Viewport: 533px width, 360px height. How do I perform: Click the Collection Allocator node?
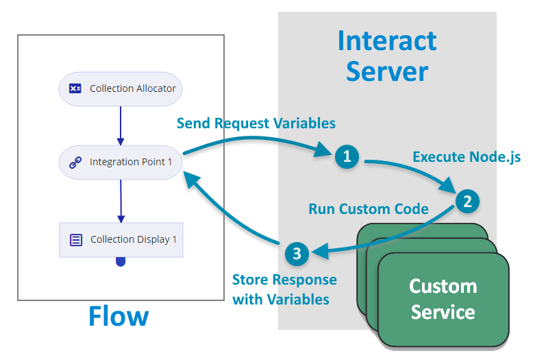pos(121,88)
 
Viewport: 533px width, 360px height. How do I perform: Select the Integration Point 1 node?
pos(121,163)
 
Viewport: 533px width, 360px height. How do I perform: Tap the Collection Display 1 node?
pos(121,239)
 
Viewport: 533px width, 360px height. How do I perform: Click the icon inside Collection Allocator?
pos(75,88)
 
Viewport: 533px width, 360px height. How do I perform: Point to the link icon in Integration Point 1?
pos(75,163)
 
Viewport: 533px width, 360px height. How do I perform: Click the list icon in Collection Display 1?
pos(76,240)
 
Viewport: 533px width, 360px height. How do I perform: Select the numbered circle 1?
pos(347,157)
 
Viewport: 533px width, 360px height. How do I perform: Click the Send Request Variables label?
pos(256,123)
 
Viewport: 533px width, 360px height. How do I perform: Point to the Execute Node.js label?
pos(467,157)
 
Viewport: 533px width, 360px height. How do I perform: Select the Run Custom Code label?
pos(369,208)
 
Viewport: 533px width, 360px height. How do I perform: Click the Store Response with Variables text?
pos(284,289)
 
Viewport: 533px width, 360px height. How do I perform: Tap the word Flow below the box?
pos(119,316)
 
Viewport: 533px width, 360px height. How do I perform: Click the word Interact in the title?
pos(387,41)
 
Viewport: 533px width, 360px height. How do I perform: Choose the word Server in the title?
pos(387,71)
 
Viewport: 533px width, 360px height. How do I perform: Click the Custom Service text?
pos(443,299)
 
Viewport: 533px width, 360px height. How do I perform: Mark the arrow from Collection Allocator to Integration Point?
pos(121,125)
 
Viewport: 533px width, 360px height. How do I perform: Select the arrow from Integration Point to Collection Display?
pos(121,201)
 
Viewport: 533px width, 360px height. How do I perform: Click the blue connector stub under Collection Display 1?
pos(121,261)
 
